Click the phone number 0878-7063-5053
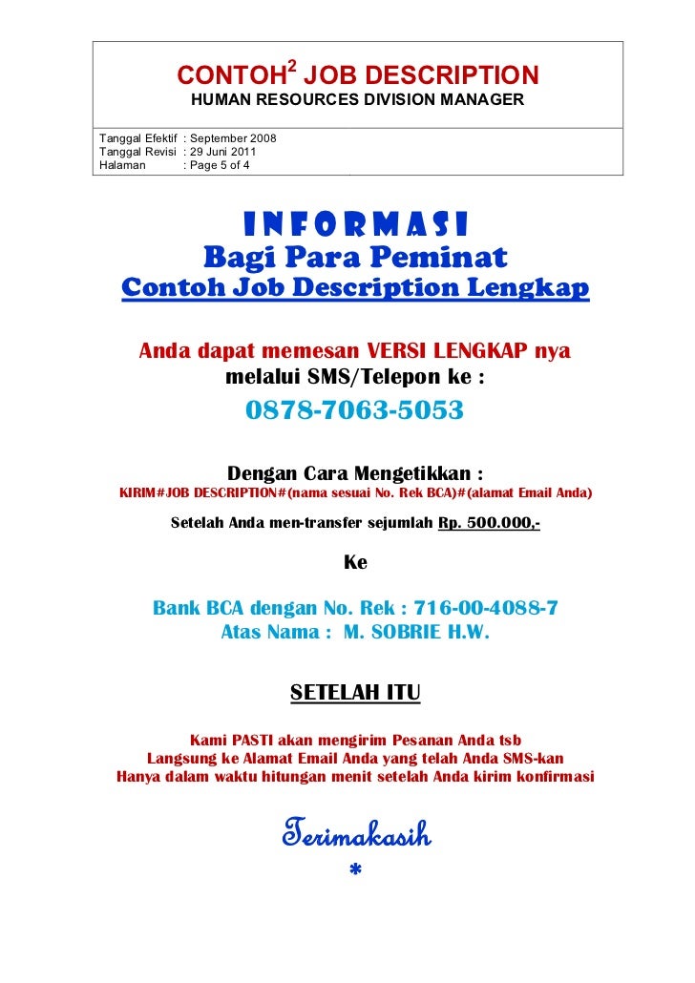tap(354, 410)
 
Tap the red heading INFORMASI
tap(355, 224)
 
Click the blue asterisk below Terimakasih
tap(355, 870)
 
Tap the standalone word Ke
tap(354, 563)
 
